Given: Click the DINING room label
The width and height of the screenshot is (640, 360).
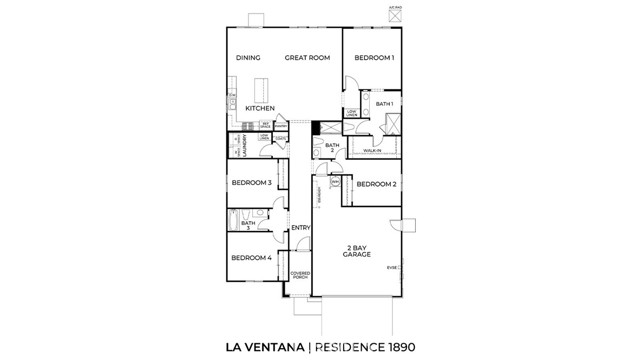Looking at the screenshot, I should [x=248, y=58].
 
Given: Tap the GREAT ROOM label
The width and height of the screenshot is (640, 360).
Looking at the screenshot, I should [x=307, y=58].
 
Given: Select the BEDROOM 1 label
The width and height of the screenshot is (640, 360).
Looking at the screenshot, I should [x=374, y=58].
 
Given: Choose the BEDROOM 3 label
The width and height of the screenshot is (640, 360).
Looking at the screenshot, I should [x=252, y=183].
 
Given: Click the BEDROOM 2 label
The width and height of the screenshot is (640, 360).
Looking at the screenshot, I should [x=377, y=184].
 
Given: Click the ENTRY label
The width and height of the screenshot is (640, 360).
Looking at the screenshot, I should [x=300, y=228].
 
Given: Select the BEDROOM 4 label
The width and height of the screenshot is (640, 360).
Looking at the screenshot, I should [x=251, y=259].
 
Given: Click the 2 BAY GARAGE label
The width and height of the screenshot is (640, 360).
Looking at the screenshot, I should [x=358, y=250].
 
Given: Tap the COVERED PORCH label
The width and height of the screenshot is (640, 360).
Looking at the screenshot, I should [x=300, y=275].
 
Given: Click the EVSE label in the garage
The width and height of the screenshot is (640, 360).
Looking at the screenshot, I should [x=393, y=267].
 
